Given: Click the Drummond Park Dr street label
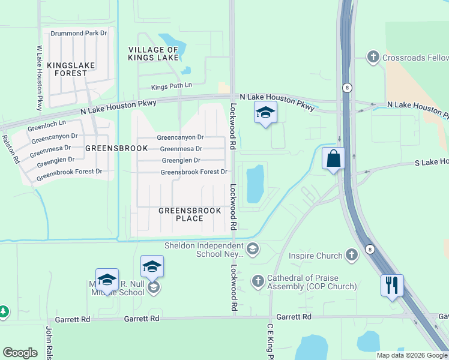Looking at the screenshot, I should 79,33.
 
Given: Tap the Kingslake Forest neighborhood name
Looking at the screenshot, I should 67,68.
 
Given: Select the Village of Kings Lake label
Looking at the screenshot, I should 153,53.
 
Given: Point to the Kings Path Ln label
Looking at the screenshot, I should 171,86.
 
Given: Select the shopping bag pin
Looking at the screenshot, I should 333,159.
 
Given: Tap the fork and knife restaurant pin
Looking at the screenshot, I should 391,285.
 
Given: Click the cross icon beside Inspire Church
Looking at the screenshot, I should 352,256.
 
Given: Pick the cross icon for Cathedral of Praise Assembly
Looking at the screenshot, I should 258,281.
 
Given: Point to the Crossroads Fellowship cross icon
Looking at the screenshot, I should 373,57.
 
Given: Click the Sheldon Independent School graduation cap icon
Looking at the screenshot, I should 253,248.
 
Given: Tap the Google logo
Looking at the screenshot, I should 20,353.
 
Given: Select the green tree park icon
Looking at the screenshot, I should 3,311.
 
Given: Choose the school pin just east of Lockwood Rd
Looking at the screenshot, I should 265,113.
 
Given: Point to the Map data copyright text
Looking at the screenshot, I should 412,355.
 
